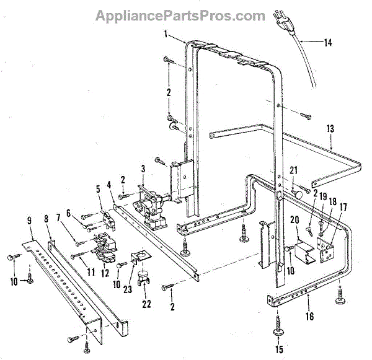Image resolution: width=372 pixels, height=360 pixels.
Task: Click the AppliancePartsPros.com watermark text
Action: (x=180, y=16)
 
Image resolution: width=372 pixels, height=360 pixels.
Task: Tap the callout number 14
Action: (x=328, y=43)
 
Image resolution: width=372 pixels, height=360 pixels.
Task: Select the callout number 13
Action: (x=330, y=129)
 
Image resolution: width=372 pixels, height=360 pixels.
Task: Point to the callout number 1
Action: (x=166, y=34)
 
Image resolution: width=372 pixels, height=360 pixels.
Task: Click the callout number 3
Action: (x=143, y=169)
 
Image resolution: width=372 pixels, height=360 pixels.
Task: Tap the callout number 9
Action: (x=29, y=221)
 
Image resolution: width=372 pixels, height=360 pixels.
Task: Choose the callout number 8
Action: (x=46, y=219)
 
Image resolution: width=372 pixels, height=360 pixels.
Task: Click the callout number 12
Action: (x=105, y=273)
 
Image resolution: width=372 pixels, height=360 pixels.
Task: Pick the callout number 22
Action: (x=146, y=304)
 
